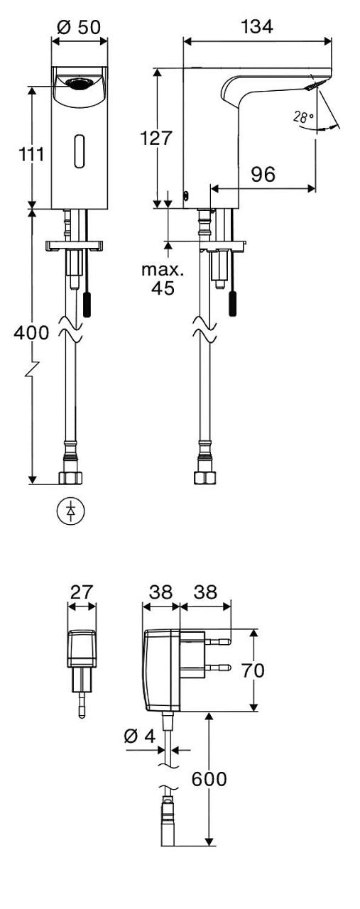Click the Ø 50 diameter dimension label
(x=79, y=27)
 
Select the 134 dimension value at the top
(x=257, y=27)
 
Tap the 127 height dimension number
(x=156, y=138)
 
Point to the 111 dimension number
(x=32, y=154)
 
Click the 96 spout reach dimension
(x=263, y=175)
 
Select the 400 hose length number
(x=31, y=333)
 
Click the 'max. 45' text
(x=163, y=279)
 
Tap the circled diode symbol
(x=70, y=511)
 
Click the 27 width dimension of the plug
(x=82, y=592)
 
